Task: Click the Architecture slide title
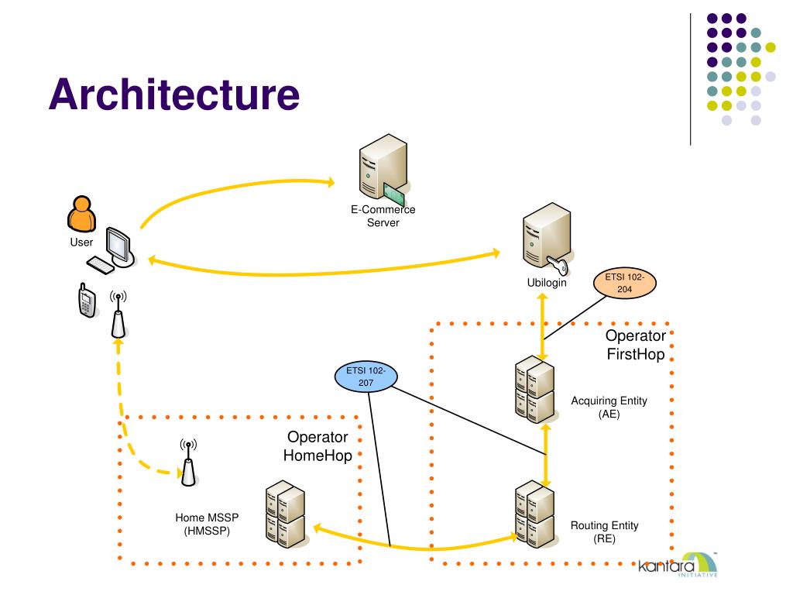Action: tap(174, 95)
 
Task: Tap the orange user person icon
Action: tap(81, 214)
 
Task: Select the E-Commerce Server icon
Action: tap(383, 169)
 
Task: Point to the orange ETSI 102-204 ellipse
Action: tap(624, 283)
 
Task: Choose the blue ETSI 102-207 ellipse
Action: tap(366, 377)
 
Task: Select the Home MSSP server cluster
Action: tap(286, 514)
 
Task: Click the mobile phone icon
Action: tap(87, 301)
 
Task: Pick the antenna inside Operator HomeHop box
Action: tap(188, 463)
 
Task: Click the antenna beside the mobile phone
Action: tap(118, 315)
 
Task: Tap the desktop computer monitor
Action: tap(120, 247)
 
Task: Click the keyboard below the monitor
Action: tap(101, 266)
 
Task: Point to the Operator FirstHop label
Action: tap(636, 345)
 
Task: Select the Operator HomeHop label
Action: tap(318, 446)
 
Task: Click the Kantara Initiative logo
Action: tap(678, 565)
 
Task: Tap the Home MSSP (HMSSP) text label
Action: tap(207, 524)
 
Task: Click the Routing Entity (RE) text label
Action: tap(604, 531)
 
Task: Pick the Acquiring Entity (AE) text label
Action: tap(609, 408)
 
